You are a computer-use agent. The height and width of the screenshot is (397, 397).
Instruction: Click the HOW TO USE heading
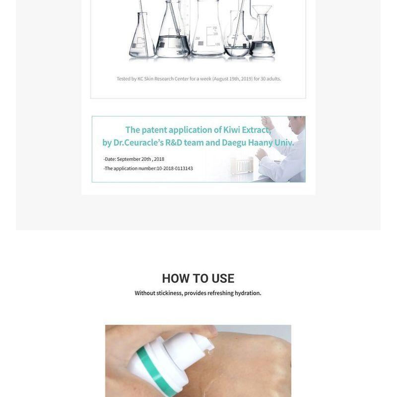tap(198, 278)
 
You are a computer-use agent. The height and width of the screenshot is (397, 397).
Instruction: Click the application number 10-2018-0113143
tap(175, 169)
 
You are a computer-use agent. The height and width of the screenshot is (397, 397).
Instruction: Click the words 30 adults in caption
tap(270, 79)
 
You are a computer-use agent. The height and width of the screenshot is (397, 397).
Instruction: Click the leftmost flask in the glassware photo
tap(141, 42)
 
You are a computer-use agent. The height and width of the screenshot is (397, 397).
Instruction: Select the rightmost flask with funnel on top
tap(262, 40)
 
